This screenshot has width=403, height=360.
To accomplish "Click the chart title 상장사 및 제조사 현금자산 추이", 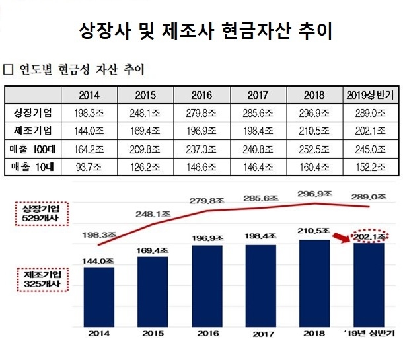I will [201, 31].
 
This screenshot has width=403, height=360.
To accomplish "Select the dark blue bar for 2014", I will [100, 294].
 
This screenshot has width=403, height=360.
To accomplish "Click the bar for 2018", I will [314, 280].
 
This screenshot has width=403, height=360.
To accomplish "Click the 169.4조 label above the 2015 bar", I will [153, 250].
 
